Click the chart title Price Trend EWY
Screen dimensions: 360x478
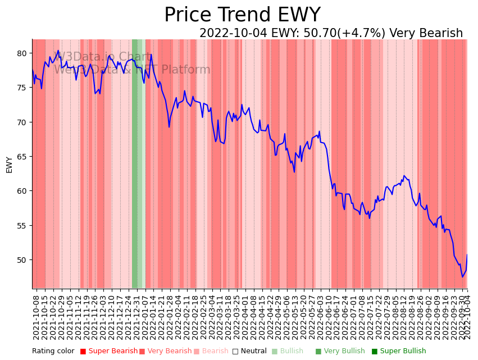point(242,15)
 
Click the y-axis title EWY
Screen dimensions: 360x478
point(10,165)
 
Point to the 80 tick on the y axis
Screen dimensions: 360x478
point(21,53)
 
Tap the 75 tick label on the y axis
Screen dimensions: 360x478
point(21,88)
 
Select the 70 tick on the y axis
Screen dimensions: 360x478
point(21,122)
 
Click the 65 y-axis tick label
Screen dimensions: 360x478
point(21,157)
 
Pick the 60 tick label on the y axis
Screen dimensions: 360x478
point(21,191)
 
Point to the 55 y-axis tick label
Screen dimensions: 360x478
point(21,226)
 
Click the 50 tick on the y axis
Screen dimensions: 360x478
point(21,260)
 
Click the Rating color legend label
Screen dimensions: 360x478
point(53,351)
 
